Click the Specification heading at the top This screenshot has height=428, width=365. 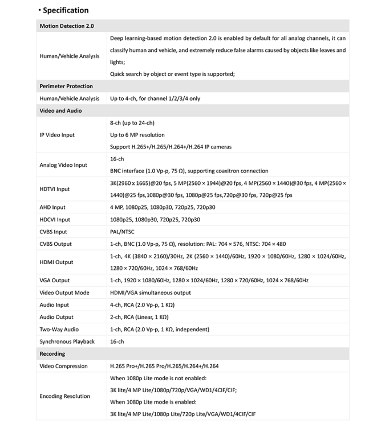(x=66, y=10)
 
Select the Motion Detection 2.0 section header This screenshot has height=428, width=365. (x=67, y=26)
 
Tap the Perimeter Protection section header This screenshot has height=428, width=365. (x=66, y=86)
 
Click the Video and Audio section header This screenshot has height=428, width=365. (x=60, y=110)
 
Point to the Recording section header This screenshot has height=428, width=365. (x=52, y=354)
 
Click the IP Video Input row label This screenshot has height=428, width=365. (x=57, y=135)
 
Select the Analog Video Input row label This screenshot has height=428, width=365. (x=63, y=165)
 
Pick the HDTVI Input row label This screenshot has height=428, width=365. (x=55, y=189)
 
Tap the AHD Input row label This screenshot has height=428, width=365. (x=52, y=208)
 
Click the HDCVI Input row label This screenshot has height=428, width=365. (x=55, y=220)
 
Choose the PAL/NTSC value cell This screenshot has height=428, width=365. (x=123, y=232)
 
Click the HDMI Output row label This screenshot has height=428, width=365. (x=56, y=262)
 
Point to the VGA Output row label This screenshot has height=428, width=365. (x=55, y=281)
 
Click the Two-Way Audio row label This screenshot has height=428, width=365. (x=59, y=330)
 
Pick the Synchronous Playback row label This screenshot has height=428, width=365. (x=67, y=341)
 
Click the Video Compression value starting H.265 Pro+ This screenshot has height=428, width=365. (x=164, y=366)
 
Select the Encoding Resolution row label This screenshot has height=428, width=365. (x=65, y=396)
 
